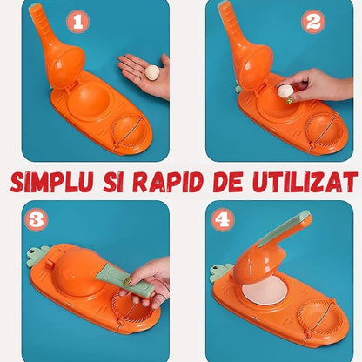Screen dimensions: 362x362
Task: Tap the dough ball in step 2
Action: click(285, 90)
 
